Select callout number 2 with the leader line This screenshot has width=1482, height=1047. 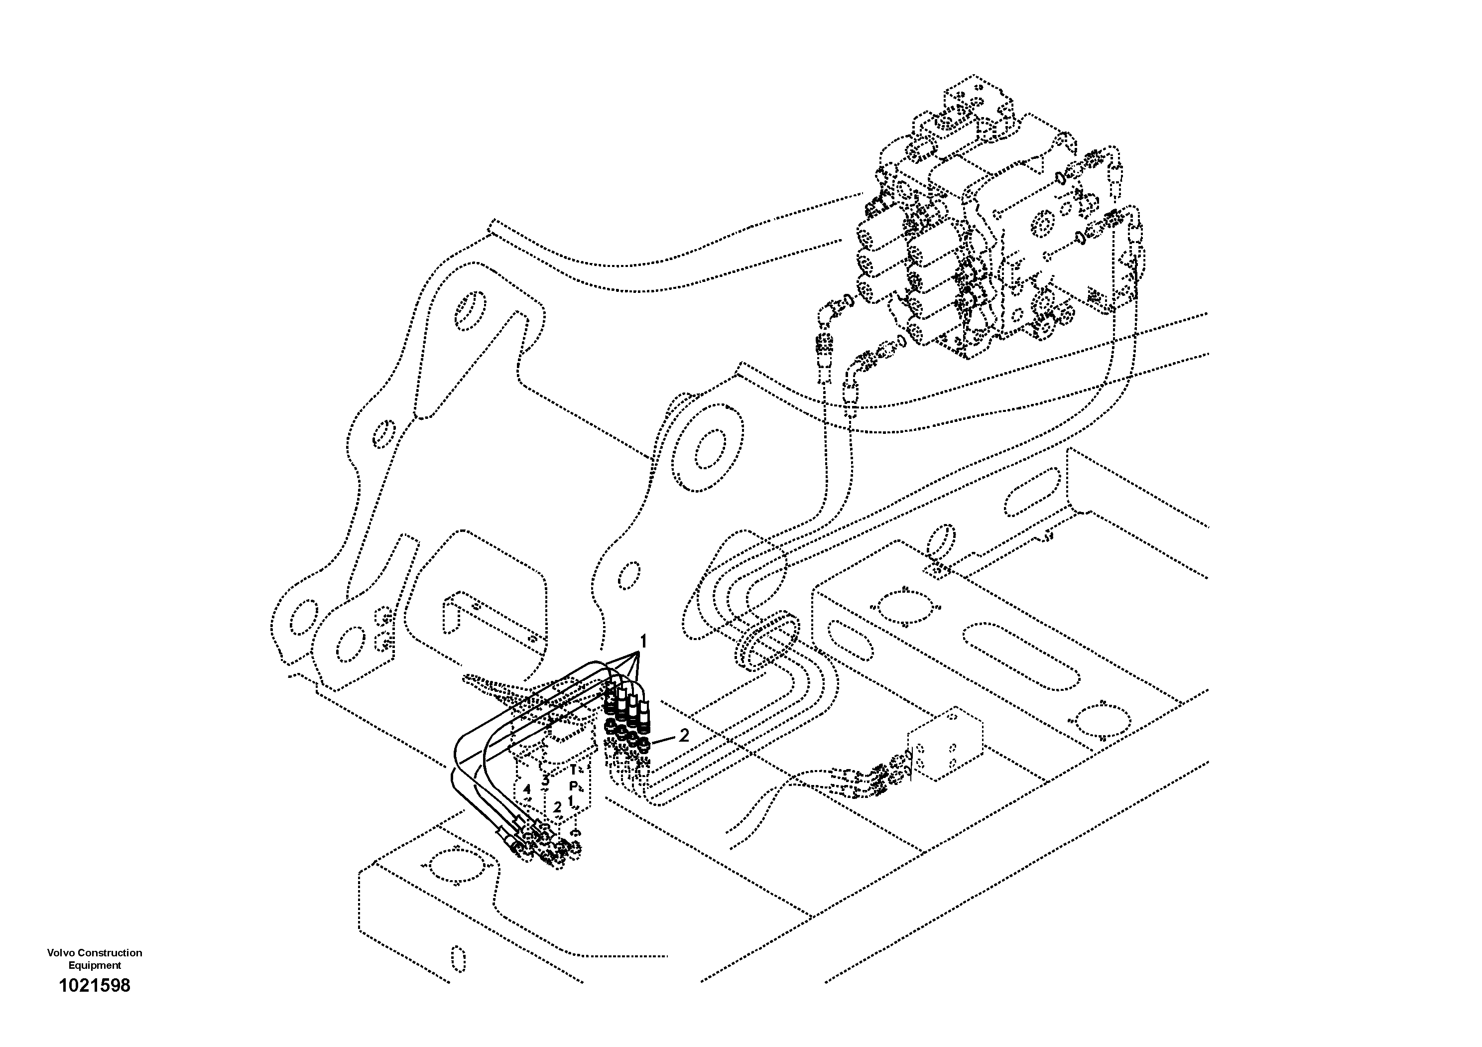tap(684, 735)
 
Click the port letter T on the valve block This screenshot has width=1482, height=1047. tap(573, 770)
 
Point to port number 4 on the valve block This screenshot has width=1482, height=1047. tap(527, 789)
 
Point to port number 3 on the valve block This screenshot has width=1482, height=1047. tap(545, 779)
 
